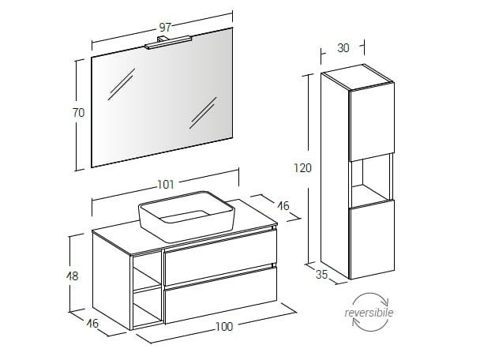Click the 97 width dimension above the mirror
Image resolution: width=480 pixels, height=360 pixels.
(165, 28)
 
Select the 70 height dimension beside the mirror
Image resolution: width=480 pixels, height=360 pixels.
(78, 113)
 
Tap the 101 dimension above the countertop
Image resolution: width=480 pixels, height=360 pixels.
(166, 185)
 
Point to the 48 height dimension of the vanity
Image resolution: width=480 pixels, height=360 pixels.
(73, 276)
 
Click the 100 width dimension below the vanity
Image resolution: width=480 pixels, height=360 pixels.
(224, 327)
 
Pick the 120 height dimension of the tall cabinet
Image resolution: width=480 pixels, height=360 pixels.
(302, 167)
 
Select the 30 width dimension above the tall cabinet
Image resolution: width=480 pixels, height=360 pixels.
(343, 48)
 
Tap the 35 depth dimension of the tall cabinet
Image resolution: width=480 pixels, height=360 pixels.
(322, 275)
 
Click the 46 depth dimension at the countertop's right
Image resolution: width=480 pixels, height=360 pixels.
(283, 206)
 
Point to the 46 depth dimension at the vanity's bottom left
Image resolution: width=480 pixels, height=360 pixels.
(92, 323)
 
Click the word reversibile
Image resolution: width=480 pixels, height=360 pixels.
(369, 313)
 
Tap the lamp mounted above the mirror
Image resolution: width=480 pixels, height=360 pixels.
(168, 43)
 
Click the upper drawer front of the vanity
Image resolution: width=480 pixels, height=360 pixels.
(220, 257)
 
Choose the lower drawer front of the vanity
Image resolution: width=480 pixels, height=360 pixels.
(220, 294)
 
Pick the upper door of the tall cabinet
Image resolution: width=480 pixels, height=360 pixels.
(372, 122)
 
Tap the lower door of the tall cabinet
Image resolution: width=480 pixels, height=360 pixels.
(372, 239)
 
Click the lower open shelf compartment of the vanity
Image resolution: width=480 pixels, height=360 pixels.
(148, 309)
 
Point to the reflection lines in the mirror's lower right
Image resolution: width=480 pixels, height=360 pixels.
(203, 113)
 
